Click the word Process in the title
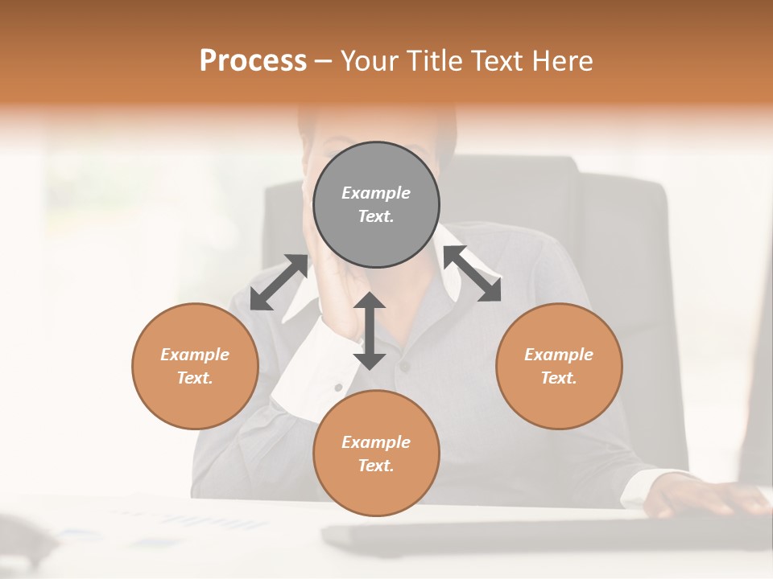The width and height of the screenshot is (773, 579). tap(253, 61)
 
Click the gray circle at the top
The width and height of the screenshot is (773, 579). tap(376, 204)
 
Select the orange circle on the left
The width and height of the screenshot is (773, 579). tap(195, 366)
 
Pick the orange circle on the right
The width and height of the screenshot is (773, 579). tap(559, 366)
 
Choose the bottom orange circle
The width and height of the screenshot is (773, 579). tap(376, 454)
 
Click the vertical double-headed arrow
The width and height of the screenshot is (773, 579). tap(370, 331)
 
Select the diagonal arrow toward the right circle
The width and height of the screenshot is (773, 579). tap(472, 273)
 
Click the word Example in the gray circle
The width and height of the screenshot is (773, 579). tap(376, 193)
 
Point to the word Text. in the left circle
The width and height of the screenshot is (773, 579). tap(195, 378)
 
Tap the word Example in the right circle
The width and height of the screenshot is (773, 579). tap(559, 355)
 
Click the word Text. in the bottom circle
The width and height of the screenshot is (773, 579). tap(376, 466)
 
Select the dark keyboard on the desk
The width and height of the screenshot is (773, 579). tap(515, 535)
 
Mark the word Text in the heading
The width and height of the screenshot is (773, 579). tap(499, 61)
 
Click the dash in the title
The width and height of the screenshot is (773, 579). tap(324, 61)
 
